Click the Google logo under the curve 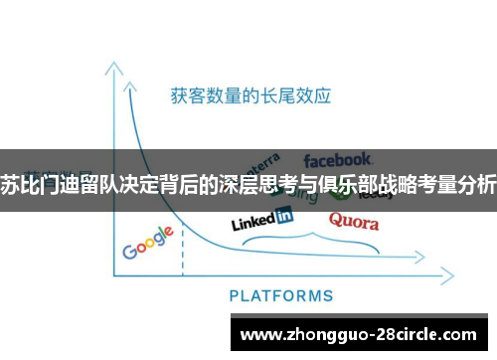(148, 243)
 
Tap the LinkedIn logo (261, 217)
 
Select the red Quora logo (353, 220)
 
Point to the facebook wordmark (337, 159)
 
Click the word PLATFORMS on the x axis (281, 295)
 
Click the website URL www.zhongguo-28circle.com (358, 334)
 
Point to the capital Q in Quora (336, 220)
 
